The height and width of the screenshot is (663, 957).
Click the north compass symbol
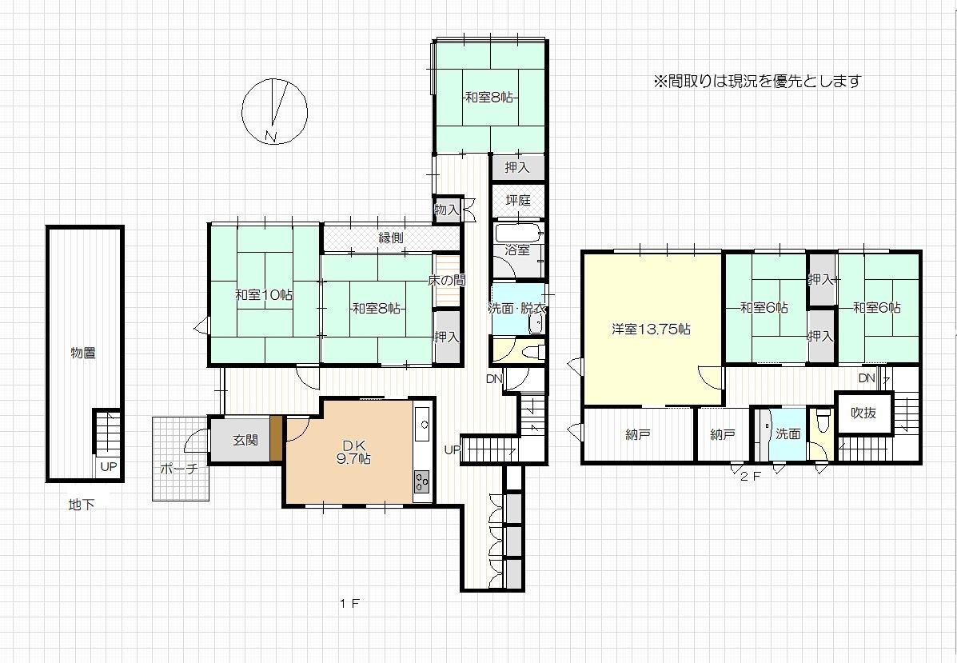(274, 112)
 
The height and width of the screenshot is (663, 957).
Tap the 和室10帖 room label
(265, 295)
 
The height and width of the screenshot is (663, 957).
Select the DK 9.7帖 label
(353, 451)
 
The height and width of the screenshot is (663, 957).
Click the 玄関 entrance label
(245, 440)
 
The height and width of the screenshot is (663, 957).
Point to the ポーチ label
(179, 469)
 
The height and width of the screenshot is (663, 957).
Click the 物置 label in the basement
(83, 353)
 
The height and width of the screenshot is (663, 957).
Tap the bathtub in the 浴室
(517, 234)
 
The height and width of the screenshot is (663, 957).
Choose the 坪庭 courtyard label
(518, 200)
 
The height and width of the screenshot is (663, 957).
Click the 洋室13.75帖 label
(652, 329)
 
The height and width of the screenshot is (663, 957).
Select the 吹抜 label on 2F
(863, 413)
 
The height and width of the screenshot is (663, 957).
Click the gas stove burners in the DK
(422, 481)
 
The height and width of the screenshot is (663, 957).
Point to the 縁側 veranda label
(391, 238)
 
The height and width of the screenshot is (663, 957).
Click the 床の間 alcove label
(447, 280)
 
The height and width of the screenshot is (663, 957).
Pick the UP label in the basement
(108, 467)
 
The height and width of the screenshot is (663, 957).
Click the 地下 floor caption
(82, 505)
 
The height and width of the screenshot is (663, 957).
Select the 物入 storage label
(446, 210)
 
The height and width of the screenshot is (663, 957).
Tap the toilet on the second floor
(823, 421)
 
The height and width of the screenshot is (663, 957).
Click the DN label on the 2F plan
(867, 378)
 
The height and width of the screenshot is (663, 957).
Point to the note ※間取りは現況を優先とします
(757, 81)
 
